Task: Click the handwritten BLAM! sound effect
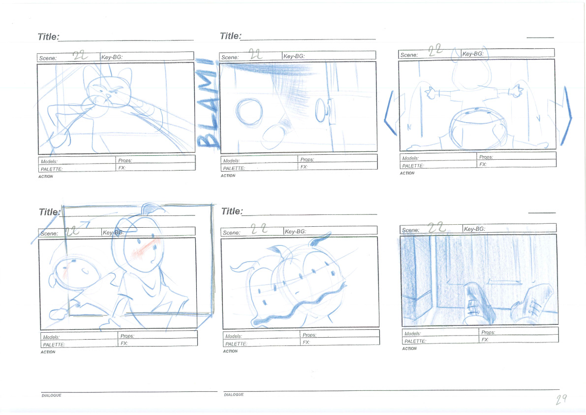(208, 104)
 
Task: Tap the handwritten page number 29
(561, 399)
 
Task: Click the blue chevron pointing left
(390, 113)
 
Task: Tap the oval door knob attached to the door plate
(321, 110)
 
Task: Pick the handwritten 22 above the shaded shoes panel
(436, 227)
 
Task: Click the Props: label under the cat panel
(125, 161)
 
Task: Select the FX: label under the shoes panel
(485, 340)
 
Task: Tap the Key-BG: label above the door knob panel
(294, 56)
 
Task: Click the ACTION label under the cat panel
(46, 176)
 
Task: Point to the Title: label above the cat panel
(48, 36)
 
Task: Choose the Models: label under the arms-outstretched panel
(410, 158)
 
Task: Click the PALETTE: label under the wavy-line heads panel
(236, 344)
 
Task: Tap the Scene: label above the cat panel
(48, 58)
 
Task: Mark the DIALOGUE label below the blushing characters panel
(51, 395)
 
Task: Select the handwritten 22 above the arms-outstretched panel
(435, 50)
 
